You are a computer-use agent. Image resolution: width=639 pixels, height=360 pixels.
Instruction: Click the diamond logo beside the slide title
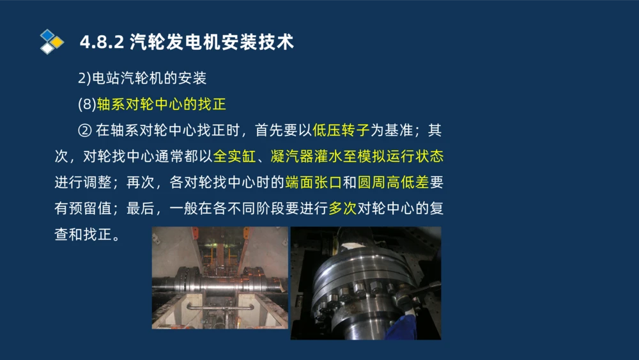coord(52,42)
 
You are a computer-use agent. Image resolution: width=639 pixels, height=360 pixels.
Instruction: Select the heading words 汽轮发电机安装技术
coord(211,43)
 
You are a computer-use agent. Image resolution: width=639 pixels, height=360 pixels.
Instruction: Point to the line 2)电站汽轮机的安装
coord(142,79)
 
